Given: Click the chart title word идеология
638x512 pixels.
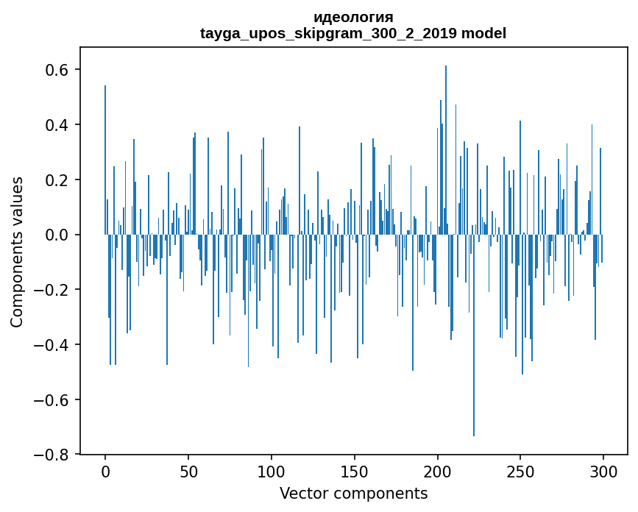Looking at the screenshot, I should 353,18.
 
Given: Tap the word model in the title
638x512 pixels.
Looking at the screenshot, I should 483,34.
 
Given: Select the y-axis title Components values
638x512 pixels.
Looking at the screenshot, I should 16,252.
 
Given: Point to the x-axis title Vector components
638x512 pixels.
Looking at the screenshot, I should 353,493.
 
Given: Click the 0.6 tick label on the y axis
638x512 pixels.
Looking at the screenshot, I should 58,70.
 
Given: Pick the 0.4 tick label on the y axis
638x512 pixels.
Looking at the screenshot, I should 58,125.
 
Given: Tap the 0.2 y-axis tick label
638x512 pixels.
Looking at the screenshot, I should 58,180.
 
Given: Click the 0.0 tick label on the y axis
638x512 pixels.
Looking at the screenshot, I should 58,235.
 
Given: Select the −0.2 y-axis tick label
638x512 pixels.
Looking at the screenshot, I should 53,290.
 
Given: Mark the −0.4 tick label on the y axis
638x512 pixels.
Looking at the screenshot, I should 53,345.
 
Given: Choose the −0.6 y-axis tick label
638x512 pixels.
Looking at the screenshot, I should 53,400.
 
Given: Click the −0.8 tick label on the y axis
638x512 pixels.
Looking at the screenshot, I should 53,455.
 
